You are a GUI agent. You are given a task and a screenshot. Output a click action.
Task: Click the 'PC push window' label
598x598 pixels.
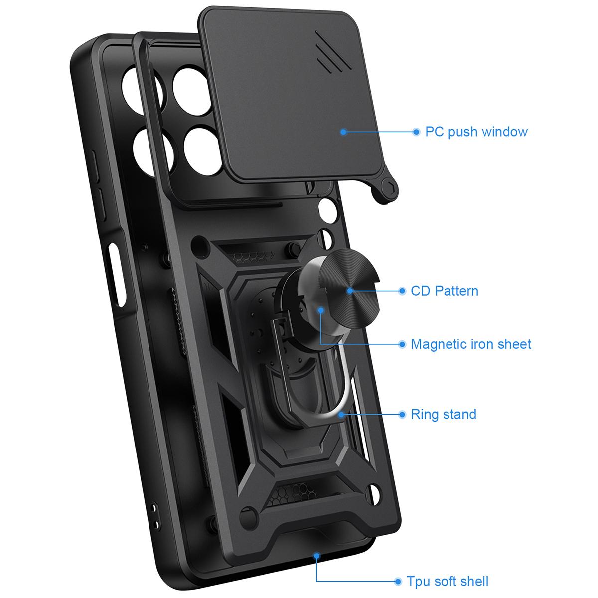(x=476, y=132)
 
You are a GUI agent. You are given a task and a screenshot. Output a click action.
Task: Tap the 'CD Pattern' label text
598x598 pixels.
(x=445, y=291)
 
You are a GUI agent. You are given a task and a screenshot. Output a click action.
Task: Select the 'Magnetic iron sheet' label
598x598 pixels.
(x=471, y=344)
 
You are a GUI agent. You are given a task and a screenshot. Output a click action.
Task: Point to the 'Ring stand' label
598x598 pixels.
(x=444, y=414)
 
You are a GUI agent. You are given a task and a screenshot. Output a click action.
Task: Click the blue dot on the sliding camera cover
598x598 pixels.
(x=343, y=132)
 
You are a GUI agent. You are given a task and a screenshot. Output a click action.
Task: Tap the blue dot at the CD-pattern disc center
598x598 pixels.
(x=350, y=291)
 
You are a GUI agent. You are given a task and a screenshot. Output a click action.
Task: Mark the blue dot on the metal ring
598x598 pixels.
(x=341, y=414)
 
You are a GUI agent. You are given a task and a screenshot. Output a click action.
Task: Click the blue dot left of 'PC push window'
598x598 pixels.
(x=417, y=132)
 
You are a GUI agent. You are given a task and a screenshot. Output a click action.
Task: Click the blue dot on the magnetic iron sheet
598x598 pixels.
(x=321, y=310)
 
